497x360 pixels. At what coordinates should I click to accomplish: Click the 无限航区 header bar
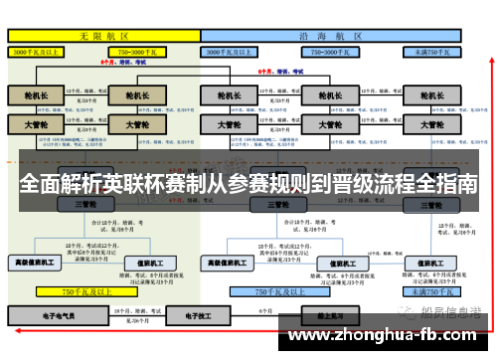[103, 35]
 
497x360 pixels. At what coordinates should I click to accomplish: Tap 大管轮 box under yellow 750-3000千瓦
[131, 125]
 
